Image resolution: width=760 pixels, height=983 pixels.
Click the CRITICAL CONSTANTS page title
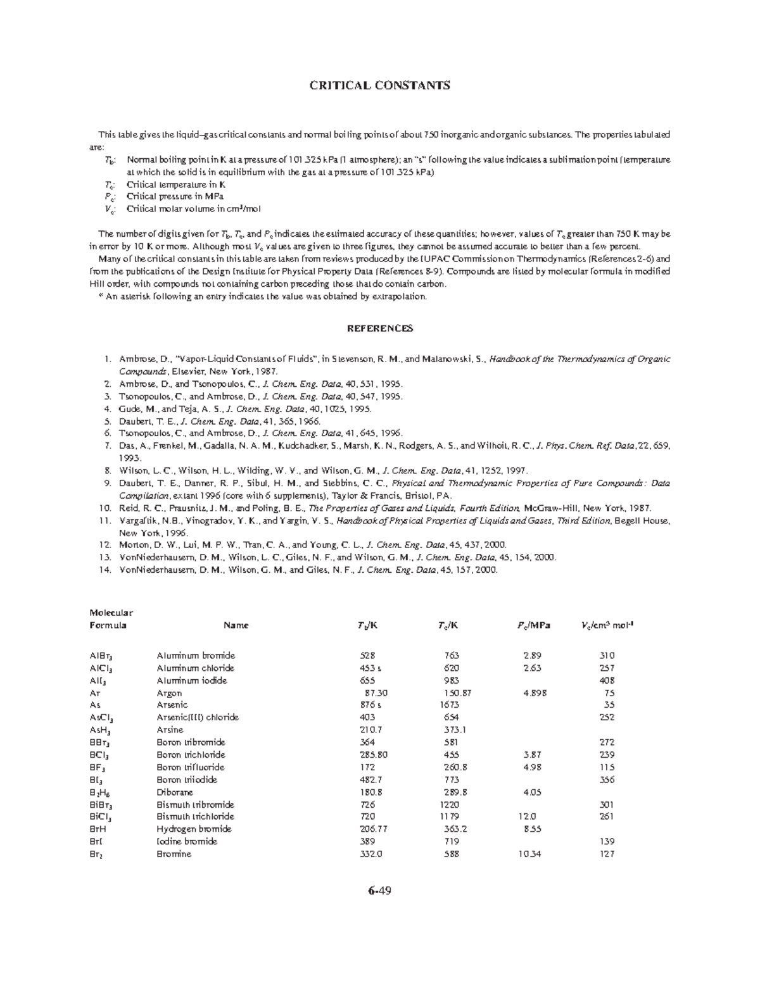[x=379, y=85]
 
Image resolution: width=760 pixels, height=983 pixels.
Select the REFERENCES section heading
[x=379, y=328]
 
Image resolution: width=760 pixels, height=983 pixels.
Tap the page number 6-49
[x=379, y=891]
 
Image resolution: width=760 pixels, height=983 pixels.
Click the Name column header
[x=236, y=625]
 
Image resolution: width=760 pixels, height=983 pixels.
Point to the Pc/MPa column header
[x=533, y=625]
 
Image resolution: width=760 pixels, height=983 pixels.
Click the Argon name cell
[x=169, y=692]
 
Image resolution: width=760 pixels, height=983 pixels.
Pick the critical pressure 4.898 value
[x=535, y=692]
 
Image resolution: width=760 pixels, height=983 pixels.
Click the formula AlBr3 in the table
[x=101, y=656]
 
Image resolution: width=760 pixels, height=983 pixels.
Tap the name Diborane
[x=175, y=792]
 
